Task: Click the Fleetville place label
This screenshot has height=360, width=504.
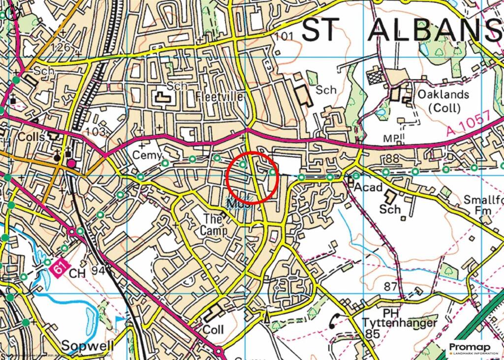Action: [220, 96]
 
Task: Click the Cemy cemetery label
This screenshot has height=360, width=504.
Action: [147, 155]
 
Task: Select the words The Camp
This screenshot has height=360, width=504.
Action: [214, 224]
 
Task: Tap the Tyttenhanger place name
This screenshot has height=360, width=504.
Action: [399, 323]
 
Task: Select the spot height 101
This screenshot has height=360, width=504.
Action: [284, 36]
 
